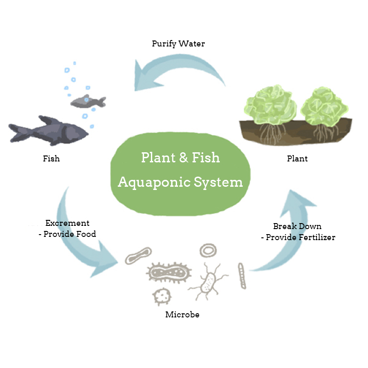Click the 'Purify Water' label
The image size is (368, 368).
click(x=178, y=44)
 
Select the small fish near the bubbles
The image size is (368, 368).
click(x=87, y=101)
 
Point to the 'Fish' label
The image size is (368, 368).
click(x=51, y=159)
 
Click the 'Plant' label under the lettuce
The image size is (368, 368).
click(x=297, y=159)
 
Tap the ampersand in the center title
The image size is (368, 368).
click(x=183, y=158)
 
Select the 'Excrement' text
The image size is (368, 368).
click(x=67, y=223)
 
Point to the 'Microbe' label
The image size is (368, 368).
click(x=182, y=315)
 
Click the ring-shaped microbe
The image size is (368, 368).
click(x=208, y=250)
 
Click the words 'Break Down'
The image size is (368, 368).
click(x=297, y=226)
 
